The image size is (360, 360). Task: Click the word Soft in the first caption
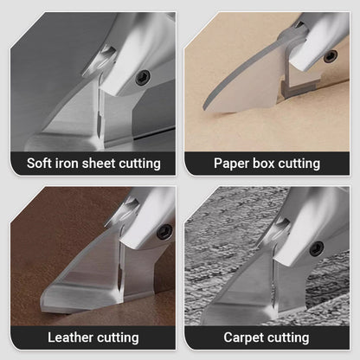point(39,164)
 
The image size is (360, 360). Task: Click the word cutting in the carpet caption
point(289,338)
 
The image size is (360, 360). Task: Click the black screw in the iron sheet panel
point(143,77)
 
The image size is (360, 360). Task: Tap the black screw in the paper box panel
point(331,56)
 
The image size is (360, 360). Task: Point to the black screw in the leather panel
point(165,231)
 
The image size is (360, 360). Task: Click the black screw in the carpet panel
point(317,248)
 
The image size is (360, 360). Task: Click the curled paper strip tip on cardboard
point(205,106)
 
